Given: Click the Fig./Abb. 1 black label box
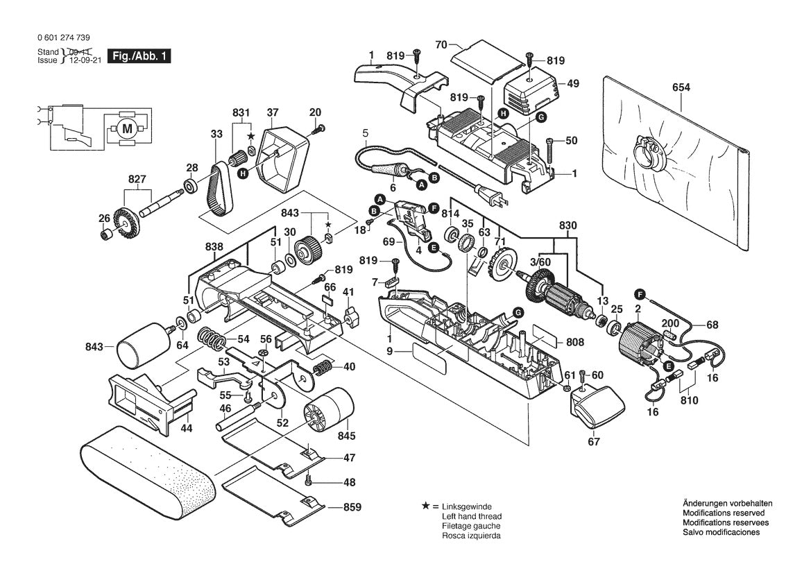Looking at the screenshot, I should coord(138,56).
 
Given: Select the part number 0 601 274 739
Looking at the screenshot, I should coord(63,38).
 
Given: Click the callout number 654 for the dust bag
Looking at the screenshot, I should coord(681,87).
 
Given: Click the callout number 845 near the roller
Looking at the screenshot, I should coord(346,436).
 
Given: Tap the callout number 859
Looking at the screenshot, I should coord(352,507).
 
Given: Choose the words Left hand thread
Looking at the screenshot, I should coord(471,517).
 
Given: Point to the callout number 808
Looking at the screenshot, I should coord(575,342).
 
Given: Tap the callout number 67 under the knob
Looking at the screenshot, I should coord(594,441).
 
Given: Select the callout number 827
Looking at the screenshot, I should coord(137,178).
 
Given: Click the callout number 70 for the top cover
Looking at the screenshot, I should coord(441,45).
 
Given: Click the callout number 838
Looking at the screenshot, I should coord(214,246).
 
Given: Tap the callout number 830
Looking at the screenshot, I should coord(567,225).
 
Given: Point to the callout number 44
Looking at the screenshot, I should coord(187,428).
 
